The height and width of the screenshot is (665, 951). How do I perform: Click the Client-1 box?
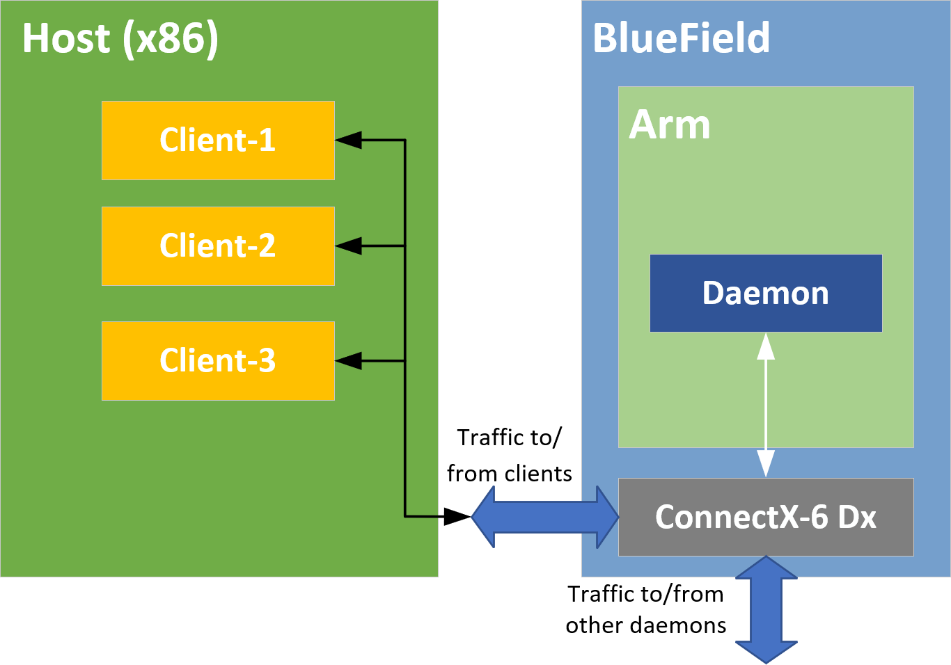click(x=218, y=141)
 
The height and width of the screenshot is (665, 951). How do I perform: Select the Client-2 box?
click(x=218, y=246)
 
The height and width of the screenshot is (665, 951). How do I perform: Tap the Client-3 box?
click(x=218, y=361)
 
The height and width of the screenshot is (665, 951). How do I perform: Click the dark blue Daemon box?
click(x=766, y=294)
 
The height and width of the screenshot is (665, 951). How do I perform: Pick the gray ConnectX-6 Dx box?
click(x=766, y=517)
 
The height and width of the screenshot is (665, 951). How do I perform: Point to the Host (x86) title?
click(x=120, y=38)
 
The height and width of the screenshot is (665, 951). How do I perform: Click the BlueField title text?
click(x=681, y=38)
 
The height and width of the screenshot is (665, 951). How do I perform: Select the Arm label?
click(x=670, y=125)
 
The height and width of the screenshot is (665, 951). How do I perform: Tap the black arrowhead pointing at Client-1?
click(x=348, y=141)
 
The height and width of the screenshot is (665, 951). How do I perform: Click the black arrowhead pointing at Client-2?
click(x=348, y=246)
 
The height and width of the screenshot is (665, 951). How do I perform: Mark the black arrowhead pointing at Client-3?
click(x=348, y=361)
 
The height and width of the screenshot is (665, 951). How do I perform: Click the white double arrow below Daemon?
click(x=766, y=405)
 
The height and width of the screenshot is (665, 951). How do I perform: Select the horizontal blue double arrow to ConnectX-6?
click(x=545, y=517)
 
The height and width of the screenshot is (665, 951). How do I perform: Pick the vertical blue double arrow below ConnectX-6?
click(x=766, y=609)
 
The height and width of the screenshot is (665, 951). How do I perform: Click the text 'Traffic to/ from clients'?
click(x=510, y=456)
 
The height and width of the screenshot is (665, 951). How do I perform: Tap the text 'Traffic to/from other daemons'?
click(x=645, y=610)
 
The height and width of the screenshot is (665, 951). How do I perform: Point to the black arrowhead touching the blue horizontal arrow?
click(x=457, y=517)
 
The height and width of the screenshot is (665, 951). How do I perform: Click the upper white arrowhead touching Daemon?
click(x=766, y=346)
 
